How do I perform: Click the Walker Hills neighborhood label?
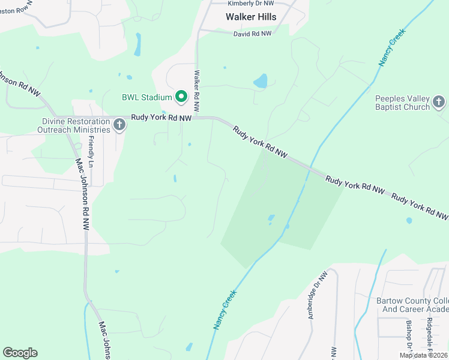click(251, 17)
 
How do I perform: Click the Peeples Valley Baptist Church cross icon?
click(439, 102)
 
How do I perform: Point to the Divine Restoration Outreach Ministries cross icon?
click(119, 125)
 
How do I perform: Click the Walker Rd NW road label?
click(196, 86)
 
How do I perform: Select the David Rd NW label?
click(253, 34)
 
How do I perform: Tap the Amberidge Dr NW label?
click(316, 294)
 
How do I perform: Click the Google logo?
click(20, 353)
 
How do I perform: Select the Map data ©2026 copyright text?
click(423, 355)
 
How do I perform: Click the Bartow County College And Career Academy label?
click(412, 305)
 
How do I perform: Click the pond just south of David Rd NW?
click(261, 81)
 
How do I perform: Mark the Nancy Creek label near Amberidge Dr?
click(225, 310)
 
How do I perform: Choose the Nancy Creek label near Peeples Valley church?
click(388, 50)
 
